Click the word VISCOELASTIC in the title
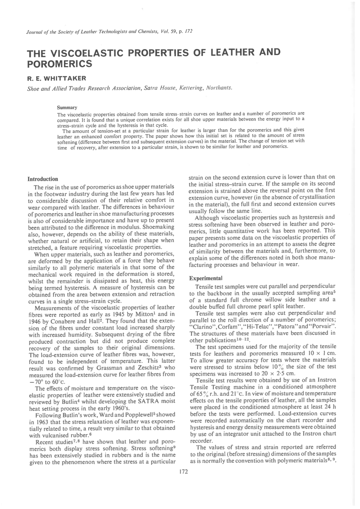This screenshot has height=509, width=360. click(x=84, y=54)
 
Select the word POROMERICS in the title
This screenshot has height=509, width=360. click(x=59, y=64)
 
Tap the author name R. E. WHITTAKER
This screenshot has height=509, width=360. click(x=57, y=78)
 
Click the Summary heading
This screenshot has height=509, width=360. click(x=67, y=107)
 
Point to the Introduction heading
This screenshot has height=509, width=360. click(x=43, y=179)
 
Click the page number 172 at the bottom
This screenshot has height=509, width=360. click(x=184, y=472)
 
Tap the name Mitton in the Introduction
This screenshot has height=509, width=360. click(x=148, y=314)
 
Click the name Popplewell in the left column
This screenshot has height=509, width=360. click(x=139, y=415)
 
